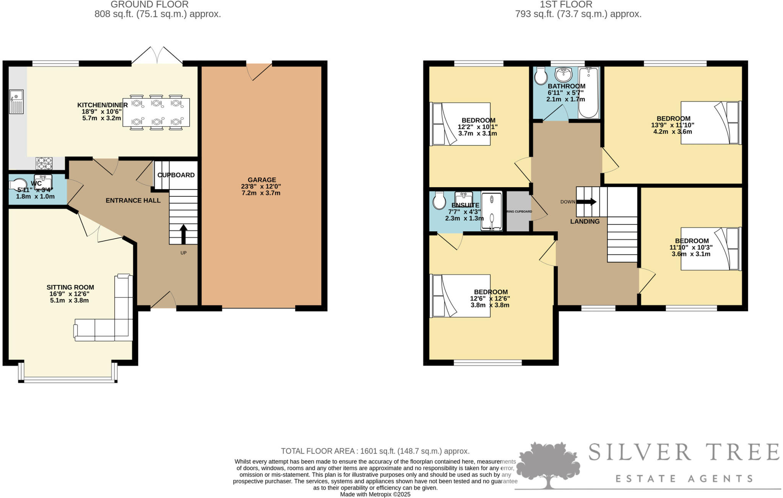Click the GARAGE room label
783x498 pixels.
pos(262,180)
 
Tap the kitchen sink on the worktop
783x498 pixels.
pos(16,101)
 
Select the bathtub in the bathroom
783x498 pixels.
pos(588,92)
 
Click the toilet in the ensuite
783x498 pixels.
pos(439,200)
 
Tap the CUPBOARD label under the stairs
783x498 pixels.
pos(176,175)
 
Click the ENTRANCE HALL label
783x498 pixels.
pos(133,200)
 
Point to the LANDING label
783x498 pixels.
pos(585,222)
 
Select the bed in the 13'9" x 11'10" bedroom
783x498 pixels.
pos(711,123)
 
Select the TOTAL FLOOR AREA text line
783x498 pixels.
pos(375,451)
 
